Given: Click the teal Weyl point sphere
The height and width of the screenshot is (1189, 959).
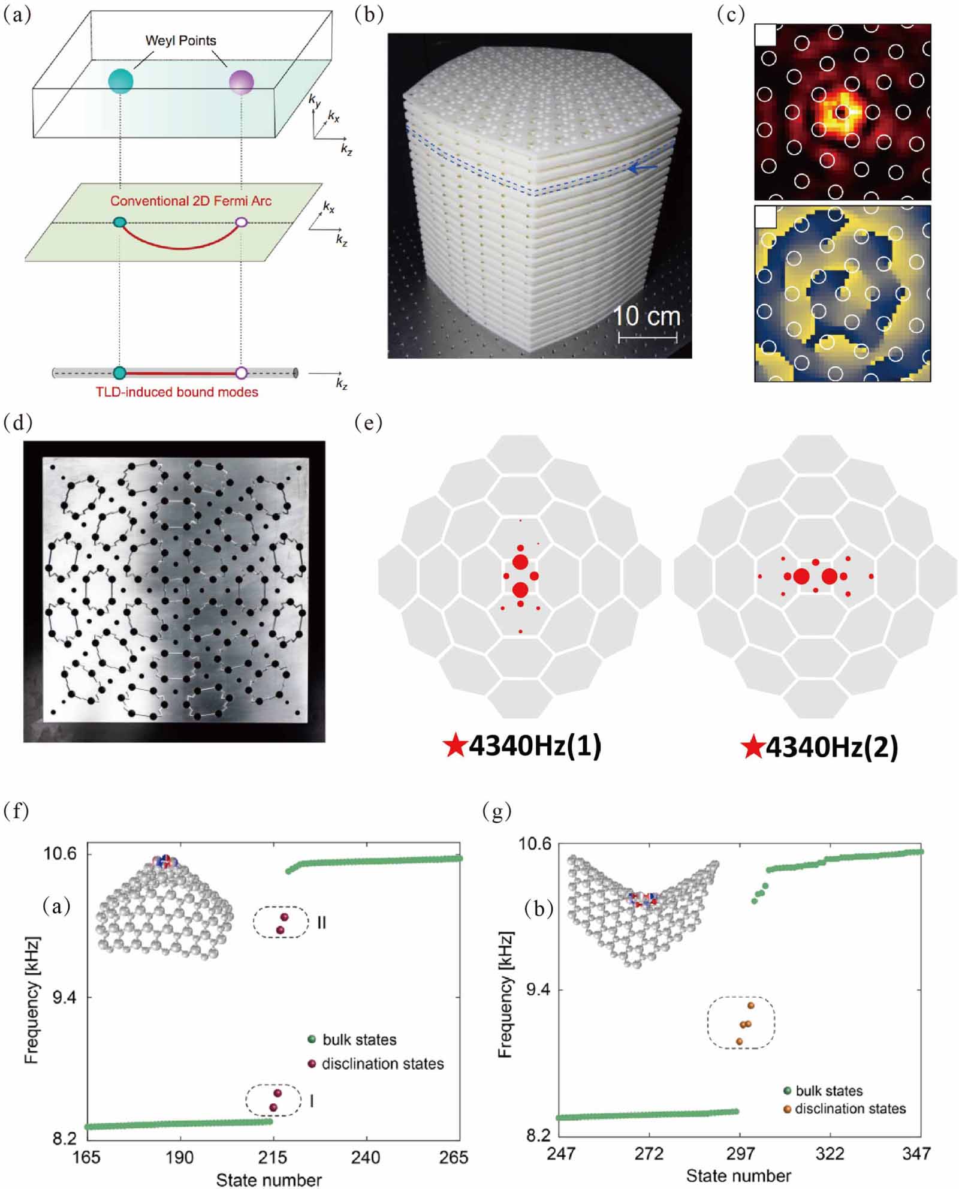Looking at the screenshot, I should (x=120, y=80).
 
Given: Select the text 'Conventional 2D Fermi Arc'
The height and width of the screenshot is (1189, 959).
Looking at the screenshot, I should (x=191, y=201).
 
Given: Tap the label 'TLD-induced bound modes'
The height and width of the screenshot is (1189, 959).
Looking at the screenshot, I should (x=177, y=392).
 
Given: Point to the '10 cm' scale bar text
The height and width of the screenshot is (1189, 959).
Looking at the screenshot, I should (x=647, y=316).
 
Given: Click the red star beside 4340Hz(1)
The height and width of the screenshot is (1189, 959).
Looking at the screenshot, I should (x=455, y=747).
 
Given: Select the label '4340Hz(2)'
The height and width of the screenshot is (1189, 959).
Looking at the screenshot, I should (x=832, y=747).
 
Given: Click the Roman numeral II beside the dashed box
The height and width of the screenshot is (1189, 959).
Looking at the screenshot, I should (x=321, y=923).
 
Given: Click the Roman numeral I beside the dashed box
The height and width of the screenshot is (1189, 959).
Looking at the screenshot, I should (x=312, y=1101).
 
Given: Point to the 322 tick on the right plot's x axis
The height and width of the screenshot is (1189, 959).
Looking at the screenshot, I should (x=830, y=1152).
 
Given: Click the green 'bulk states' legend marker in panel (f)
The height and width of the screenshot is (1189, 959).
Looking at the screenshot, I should (x=311, y=1039).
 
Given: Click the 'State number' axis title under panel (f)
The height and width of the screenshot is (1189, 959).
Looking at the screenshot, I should (x=269, y=1179).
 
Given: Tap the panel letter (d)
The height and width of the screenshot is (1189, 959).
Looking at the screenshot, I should (x=17, y=423).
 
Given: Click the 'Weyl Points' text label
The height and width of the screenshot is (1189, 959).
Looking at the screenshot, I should (x=180, y=41).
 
